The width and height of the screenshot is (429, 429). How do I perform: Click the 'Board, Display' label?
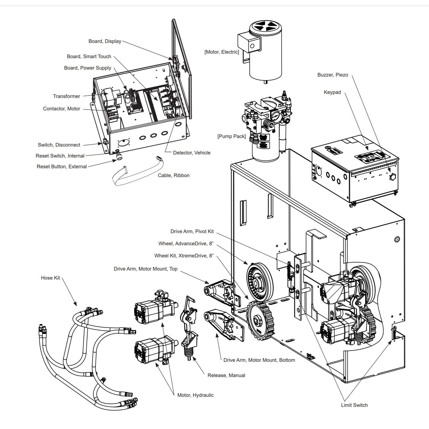click(105, 41)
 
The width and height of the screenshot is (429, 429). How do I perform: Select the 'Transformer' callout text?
click(66, 96)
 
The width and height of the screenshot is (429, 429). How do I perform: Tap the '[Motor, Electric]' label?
click(222, 52)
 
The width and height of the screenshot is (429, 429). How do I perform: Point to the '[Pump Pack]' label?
click(231, 136)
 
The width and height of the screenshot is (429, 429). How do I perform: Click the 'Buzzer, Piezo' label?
click(333, 75)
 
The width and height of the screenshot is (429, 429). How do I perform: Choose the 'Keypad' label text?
click(332, 92)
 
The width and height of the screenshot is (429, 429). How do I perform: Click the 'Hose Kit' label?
click(50, 278)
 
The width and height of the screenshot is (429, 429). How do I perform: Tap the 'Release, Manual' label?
click(226, 375)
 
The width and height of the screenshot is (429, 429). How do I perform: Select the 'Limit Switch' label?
click(354, 405)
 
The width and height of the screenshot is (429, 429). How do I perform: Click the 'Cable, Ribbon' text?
click(174, 175)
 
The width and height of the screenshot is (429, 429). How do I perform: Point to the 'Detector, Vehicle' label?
click(192, 153)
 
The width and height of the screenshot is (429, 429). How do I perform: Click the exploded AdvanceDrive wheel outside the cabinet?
click(260, 276)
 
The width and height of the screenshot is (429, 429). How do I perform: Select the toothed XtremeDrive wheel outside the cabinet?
click(261, 318)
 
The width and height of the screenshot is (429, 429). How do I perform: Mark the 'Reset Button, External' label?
click(61, 166)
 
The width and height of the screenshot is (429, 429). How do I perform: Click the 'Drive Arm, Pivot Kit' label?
click(192, 231)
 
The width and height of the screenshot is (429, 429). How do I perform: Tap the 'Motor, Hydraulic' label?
click(195, 395)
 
